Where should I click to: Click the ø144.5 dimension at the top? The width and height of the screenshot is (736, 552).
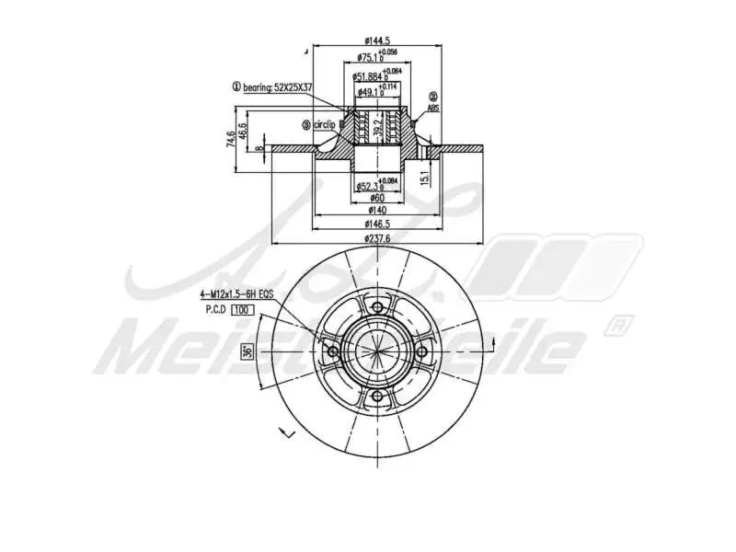pyautogui.click(x=377, y=40)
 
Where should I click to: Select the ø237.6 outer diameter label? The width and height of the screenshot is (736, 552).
pyautogui.click(x=377, y=238)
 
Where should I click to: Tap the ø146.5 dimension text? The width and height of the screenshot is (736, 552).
pyautogui.click(x=377, y=224)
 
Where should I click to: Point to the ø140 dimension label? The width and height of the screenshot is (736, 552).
pyautogui.click(x=377, y=210)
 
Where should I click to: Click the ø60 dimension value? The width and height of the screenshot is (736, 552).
pyautogui.click(x=377, y=197)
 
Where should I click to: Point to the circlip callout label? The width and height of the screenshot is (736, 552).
pyautogui.click(x=322, y=124)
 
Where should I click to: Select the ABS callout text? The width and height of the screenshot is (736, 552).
pyautogui.click(x=433, y=107)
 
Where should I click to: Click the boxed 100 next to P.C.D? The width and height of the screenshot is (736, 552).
pyautogui.click(x=242, y=310)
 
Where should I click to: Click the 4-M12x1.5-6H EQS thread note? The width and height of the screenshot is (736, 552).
pyautogui.click(x=237, y=294)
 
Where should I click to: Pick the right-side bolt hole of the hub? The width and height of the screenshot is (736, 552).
pyautogui.click(x=422, y=352)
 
